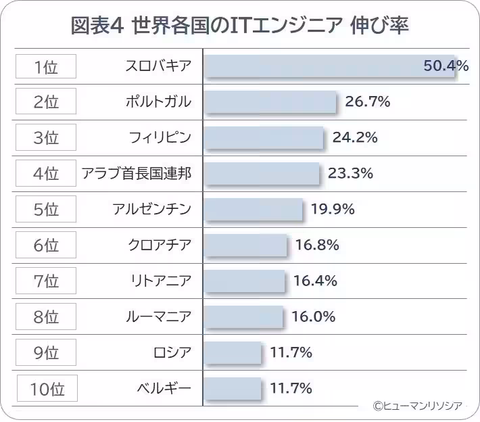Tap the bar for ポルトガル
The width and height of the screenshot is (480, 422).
click(270, 103)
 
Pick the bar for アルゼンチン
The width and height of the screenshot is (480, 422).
click(254, 209)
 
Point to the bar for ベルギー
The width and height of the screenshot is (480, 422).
click(233, 388)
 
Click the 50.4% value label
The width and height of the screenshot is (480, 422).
click(446, 66)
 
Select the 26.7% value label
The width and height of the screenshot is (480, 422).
click(368, 102)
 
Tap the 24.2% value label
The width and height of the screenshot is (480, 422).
click(355, 138)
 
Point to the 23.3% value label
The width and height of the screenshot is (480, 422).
click(350, 173)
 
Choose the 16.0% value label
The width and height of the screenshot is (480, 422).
click(314, 316)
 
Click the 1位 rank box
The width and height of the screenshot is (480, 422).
click(46, 66)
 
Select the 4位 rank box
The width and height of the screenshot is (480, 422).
click(46, 174)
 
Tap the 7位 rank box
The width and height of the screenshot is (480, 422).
click(46, 281)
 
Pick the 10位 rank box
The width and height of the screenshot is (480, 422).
click(47, 389)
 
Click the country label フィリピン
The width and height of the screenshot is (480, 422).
click(160, 138)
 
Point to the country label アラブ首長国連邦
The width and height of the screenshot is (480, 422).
click(136, 174)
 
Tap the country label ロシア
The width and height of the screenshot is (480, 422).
click(172, 352)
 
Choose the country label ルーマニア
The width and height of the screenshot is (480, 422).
click(159, 316)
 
